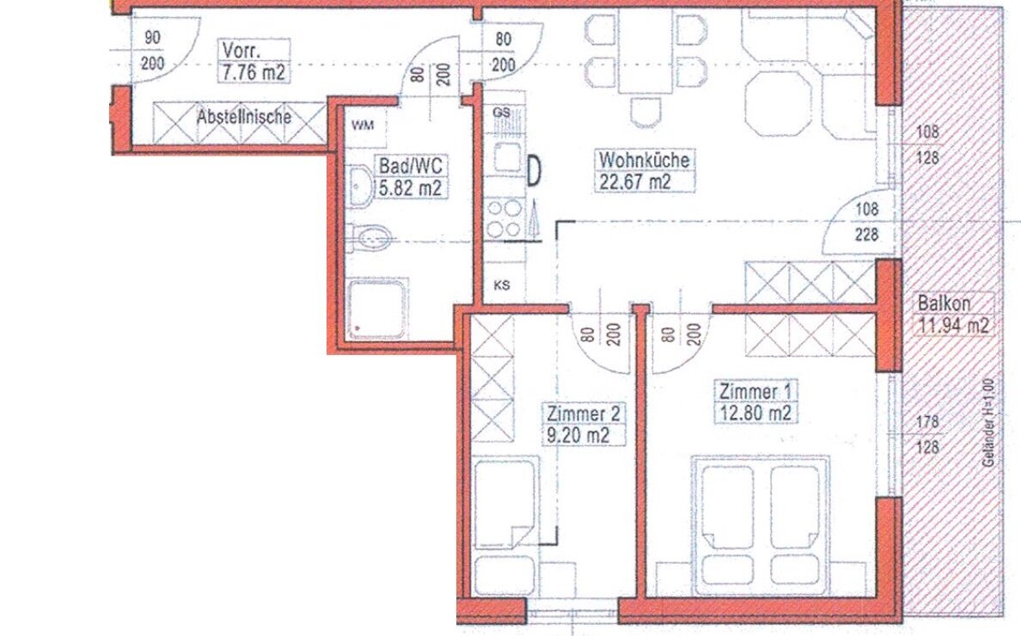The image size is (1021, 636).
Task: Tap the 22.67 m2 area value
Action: click(634, 180)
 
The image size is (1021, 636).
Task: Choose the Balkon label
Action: click(944, 303)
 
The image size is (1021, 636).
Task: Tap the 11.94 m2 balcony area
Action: click(953, 326)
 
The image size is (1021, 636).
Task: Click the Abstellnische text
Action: click(243, 116)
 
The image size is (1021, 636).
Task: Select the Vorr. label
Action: click(241, 51)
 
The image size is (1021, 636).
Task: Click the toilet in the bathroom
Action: click(370, 237)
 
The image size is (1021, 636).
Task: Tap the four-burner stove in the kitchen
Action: click(503, 218)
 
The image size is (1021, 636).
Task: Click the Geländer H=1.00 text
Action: click(989, 426)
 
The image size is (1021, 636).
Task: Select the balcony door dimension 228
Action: click(867, 233)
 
